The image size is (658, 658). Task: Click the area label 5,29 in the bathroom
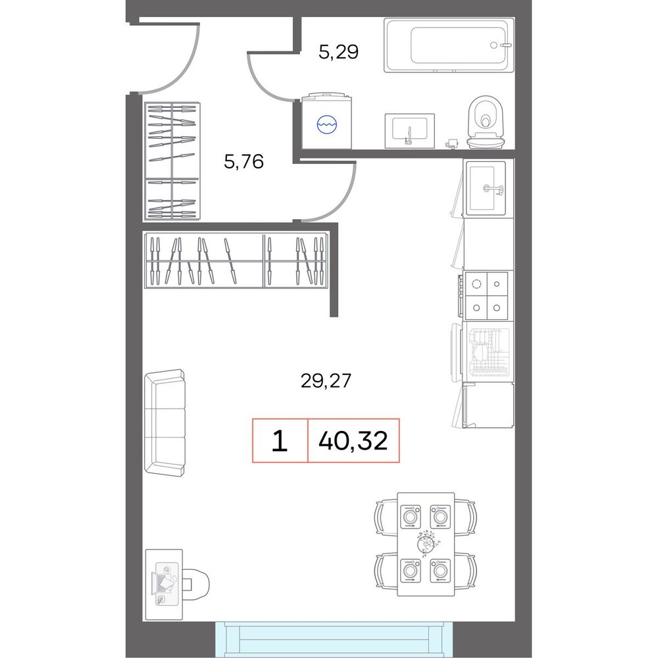[338, 52]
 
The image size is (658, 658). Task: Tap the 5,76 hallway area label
[244, 161]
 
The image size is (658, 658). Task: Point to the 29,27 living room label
[326, 380]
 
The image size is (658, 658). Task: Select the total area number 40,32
[353, 441]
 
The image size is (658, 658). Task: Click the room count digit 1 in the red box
[280, 441]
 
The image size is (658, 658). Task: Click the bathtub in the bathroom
[449, 45]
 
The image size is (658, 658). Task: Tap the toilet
[486, 122]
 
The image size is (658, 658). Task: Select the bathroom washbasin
[409, 130]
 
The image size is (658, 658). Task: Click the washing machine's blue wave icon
[327, 124]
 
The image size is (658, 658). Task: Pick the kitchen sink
[487, 188]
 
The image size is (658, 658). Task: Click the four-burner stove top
[486, 295]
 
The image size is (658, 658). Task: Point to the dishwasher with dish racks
[487, 351]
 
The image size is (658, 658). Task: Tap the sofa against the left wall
[164, 422]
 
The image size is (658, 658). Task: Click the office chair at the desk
[195, 584]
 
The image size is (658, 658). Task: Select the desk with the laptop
[164, 584]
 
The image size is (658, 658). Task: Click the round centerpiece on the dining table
[427, 543]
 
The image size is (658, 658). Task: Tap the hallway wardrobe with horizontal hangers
[172, 161]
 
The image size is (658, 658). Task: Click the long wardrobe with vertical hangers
[236, 260]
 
